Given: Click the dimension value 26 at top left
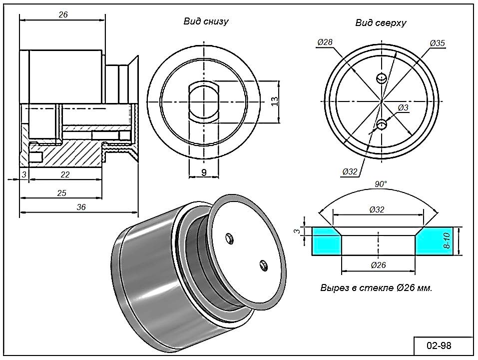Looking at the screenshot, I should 63,14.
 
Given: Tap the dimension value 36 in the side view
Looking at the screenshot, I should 81,207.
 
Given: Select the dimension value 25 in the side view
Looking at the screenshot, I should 62,193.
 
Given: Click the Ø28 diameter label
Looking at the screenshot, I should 325,43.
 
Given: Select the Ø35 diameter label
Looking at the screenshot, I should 437,43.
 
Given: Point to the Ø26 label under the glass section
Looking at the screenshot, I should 378,265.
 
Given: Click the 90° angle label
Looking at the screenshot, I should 381,184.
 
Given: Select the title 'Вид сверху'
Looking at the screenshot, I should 381,23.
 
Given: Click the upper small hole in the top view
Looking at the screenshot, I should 382,78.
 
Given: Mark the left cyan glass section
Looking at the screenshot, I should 324,241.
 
